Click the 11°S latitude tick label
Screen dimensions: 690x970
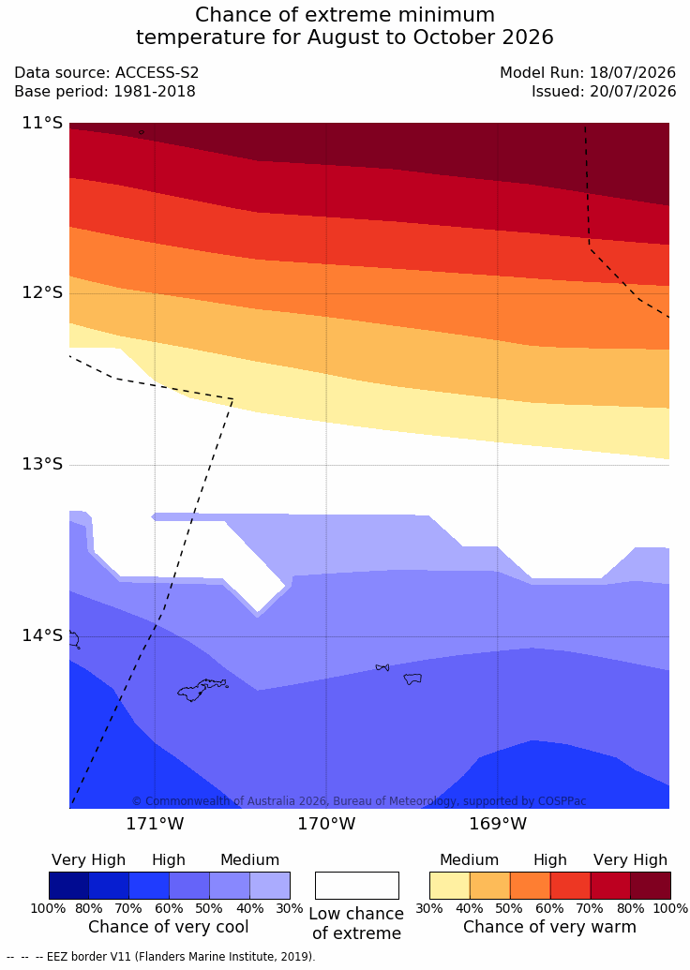pyautogui.click(x=43, y=123)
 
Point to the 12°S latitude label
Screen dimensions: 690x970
pyautogui.click(x=43, y=292)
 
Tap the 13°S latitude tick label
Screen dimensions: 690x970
pyautogui.click(x=43, y=463)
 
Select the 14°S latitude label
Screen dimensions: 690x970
pyautogui.click(x=43, y=635)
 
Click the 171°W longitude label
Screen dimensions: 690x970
pyautogui.click(x=156, y=824)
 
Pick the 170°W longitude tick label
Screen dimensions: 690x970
pyautogui.click(x=327, y=824)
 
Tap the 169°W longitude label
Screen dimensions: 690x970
pyautogui.click(x=498, y=824)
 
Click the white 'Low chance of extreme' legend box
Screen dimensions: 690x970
pyautogui.click(x=357, y=886)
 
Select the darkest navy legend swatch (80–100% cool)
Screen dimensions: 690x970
pyautogui.click(x=68, y=886)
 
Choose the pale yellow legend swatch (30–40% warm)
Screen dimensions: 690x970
pyautogui.click(x=450, y=886)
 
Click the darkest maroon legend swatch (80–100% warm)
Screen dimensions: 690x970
pyautogui.click(x=651, y=886)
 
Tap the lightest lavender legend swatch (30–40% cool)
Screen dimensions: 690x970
pyautogui.click(x=270, y=886)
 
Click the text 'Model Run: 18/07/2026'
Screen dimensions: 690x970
pyautogui.click(x=588, y=72)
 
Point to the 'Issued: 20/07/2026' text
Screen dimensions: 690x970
pyautogui.click(x=604, y=92)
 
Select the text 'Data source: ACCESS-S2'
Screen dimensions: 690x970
pyautogui.click(x=107, y=72)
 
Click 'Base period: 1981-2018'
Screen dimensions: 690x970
pyautogui.click(x=105, y=92)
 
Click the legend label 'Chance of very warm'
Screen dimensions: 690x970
pyautogui.click(x=549, y=927)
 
